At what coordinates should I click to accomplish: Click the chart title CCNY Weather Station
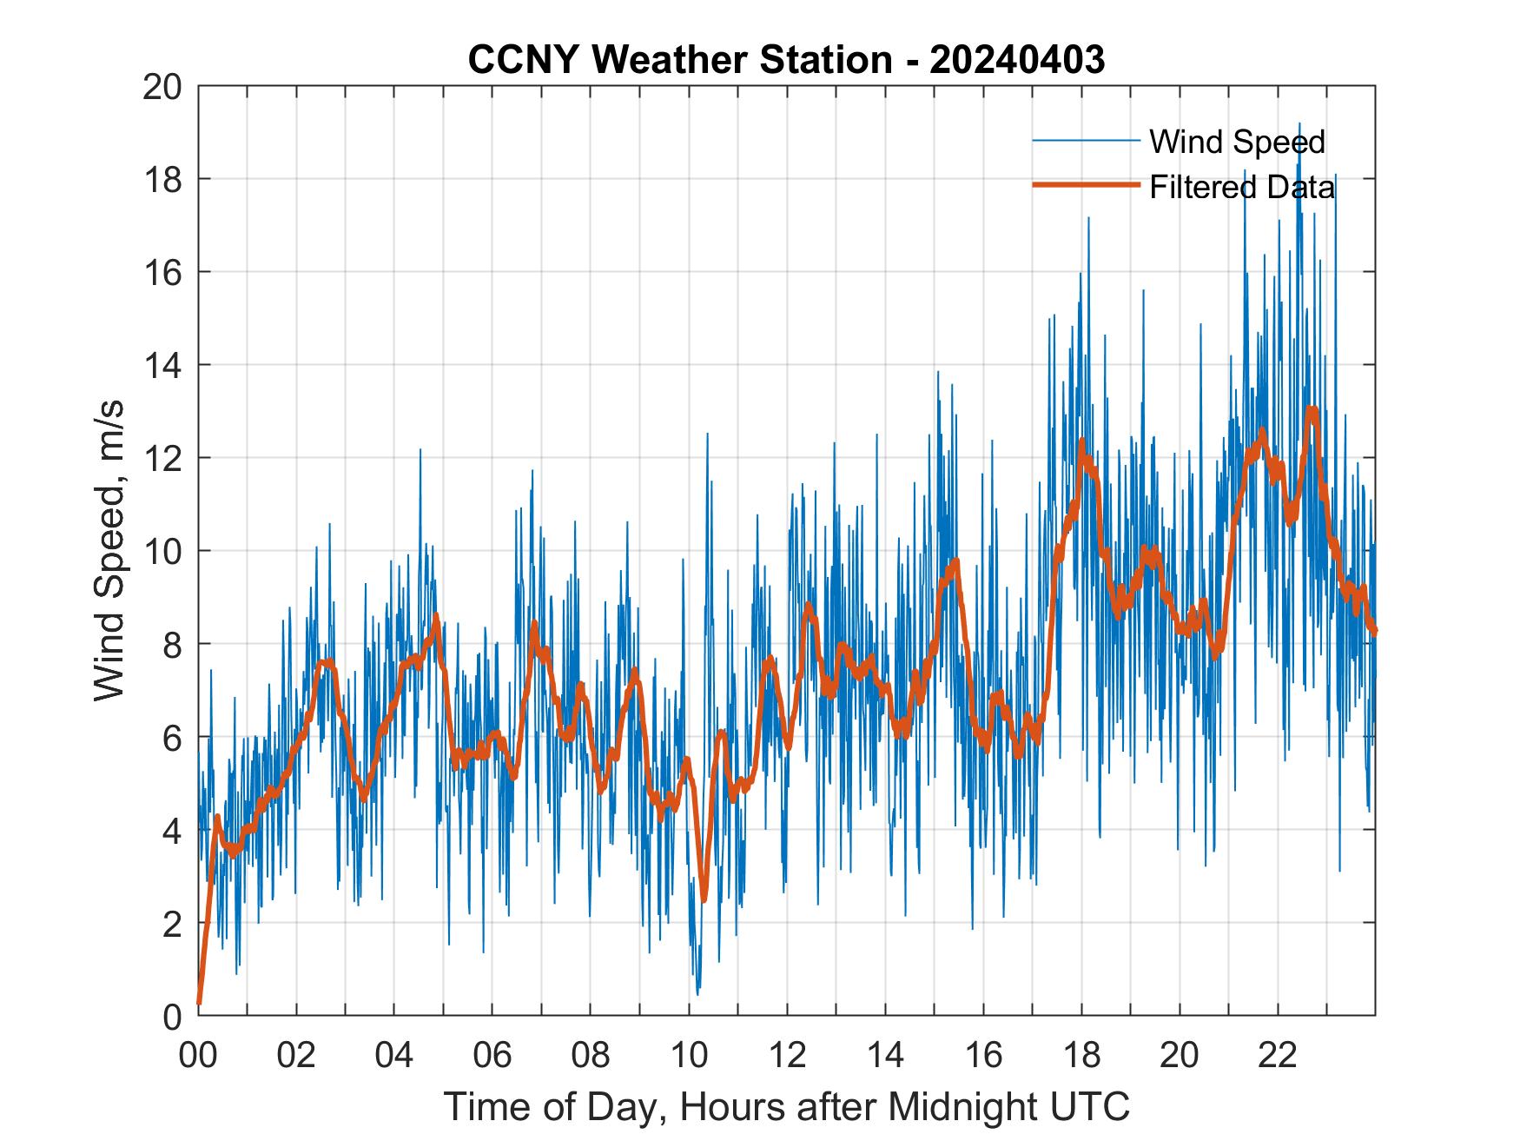[x=680, y=60]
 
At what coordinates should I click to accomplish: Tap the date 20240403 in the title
[x=1017, y=60]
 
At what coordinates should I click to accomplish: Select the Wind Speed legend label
[x=1237, y=142]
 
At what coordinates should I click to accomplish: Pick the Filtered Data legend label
[x=1241, y=187]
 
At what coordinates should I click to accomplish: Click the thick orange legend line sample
[x=1086, y=185]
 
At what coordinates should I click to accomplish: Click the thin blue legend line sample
[x=1086, y=140]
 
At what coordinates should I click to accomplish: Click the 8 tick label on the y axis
[x=172, y=645]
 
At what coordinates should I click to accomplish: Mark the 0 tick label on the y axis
[x=172, y=1016]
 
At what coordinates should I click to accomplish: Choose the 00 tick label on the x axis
[x=198, y=1055]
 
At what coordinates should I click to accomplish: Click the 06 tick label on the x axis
[x=492, y=1055]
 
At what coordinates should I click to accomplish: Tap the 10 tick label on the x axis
[x=689, y=1055]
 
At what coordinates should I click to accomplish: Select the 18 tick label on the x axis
[x=1081, y=1055]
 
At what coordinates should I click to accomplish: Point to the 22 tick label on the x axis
[x=1278, y=1055]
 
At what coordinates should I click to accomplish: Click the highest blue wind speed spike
[x=1299, y=124]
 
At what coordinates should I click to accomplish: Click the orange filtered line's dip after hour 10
[x=704, y=899]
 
